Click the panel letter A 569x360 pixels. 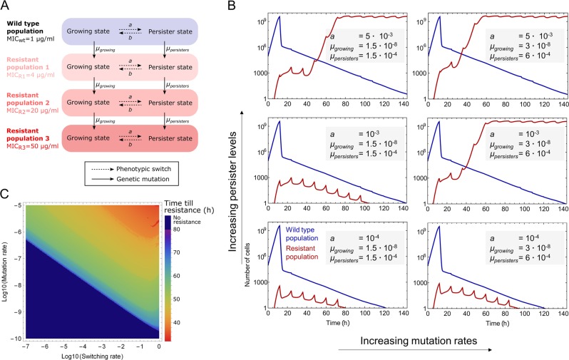coord(6,7)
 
